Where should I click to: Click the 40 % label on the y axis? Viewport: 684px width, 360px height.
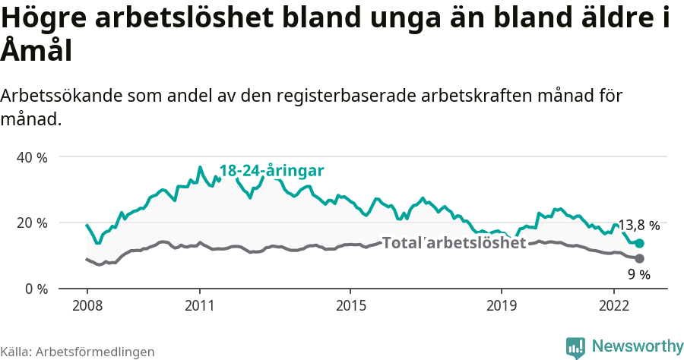32,157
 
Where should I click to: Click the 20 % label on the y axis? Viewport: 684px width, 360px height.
32,223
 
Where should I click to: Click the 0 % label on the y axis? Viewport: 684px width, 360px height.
35,289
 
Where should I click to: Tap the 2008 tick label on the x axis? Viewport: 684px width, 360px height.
87,305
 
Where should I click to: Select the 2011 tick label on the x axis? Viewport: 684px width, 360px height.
200,305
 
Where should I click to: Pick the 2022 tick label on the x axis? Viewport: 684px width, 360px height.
614,305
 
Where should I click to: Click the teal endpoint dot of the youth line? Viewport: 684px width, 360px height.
640,243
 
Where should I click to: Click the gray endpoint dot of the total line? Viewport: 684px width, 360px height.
640,259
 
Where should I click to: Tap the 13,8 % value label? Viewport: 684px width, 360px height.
638,226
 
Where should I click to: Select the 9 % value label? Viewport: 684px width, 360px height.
639,274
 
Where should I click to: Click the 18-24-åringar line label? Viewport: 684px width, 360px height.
272,170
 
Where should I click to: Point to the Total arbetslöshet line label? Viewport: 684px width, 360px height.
454,243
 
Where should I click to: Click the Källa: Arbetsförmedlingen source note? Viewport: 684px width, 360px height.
78,352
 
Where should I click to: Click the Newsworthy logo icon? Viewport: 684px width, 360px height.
575,347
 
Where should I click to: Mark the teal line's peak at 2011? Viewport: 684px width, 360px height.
200,167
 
